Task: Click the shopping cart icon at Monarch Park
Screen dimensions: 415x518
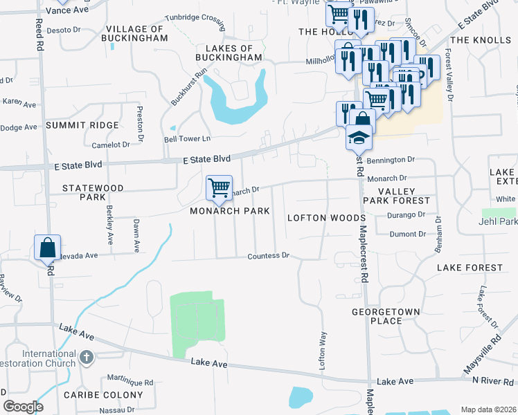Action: click(219, 187)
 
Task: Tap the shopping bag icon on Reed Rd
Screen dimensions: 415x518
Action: click(48, 248)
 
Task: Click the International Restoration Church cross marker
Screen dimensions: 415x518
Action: click(86, 358)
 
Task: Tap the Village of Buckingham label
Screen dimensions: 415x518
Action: click(136, 33)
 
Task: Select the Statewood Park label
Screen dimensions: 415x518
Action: click(92, 192)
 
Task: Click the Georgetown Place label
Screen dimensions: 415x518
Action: click(386, 316)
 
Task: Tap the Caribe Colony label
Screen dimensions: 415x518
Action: click(102, 395)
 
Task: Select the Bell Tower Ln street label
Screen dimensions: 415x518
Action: click(185, 139)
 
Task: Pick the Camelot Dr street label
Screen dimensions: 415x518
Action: click(111, 145)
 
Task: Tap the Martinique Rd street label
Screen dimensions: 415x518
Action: click(130, 382)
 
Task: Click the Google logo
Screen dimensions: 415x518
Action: click(23, 407)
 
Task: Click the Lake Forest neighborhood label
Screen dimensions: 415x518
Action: click(470, 268)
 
